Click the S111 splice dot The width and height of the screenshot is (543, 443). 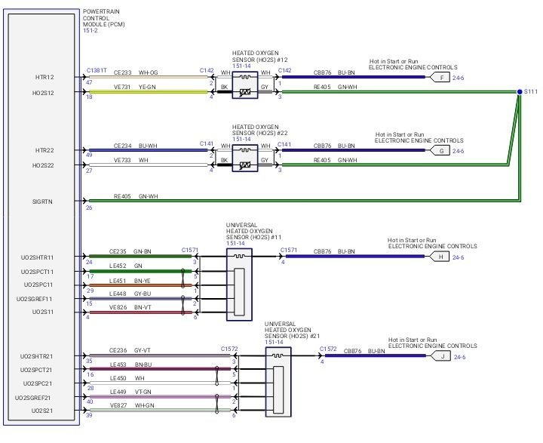pos(520,92)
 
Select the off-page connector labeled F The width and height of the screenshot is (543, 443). pos(440,77)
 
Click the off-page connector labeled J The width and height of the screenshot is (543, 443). pos(443,356)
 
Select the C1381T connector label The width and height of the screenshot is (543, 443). pos(96,70)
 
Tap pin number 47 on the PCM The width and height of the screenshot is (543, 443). pos(89,82)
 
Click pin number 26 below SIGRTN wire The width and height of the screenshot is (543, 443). pos(89,208)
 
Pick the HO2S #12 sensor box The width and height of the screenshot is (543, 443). pos(245,84)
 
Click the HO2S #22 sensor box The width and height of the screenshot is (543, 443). pos(245,156)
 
